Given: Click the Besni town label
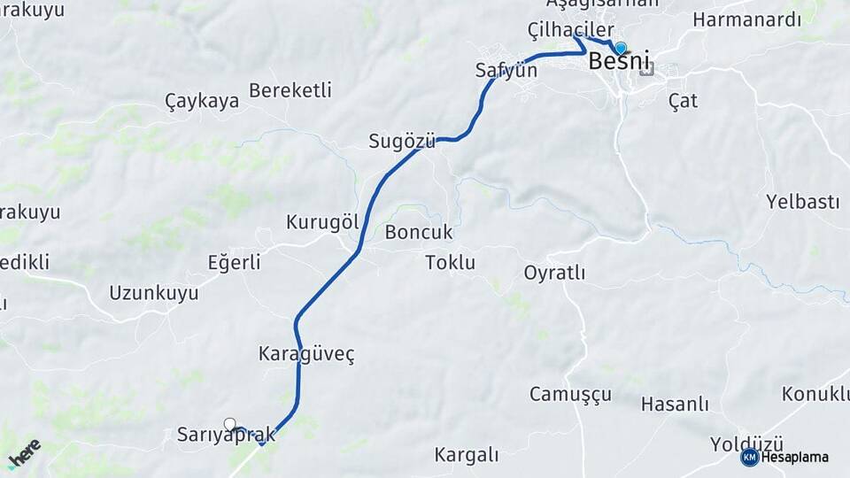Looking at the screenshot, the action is click(x=618, y=62).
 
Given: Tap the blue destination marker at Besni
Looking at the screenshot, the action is click(x=621, y=49).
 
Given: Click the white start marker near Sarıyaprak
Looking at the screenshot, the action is click(x=230, y=424).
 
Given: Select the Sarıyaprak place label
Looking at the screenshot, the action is click(x=227, y=436).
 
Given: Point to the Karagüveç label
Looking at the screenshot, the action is click(x=306, y=354).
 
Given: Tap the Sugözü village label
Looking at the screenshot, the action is click(x=402, y=141).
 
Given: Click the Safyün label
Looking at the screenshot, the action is click(x=506, y=70).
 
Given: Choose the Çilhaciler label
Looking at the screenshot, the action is click(x=570, y=30).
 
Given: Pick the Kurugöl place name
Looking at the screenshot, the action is click(x=322, y=222).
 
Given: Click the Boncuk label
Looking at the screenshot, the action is click(x=419, y=233).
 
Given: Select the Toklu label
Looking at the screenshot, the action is click(x=450, y=263).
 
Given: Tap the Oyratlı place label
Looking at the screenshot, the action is click(x=554, y=273).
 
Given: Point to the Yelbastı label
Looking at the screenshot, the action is click(x=802, y=202).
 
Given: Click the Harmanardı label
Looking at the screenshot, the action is click(x=746, y=19).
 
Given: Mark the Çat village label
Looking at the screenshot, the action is click(x=683, y=101).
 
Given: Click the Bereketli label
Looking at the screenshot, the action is click(x=290, y=90).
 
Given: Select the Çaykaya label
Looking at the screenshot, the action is click(x=202, y=101).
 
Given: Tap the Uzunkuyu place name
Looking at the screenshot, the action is click(x=154, y=293).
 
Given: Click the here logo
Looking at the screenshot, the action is click(x=24, y=452).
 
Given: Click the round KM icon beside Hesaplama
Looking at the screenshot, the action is click(x=749, y=457).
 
